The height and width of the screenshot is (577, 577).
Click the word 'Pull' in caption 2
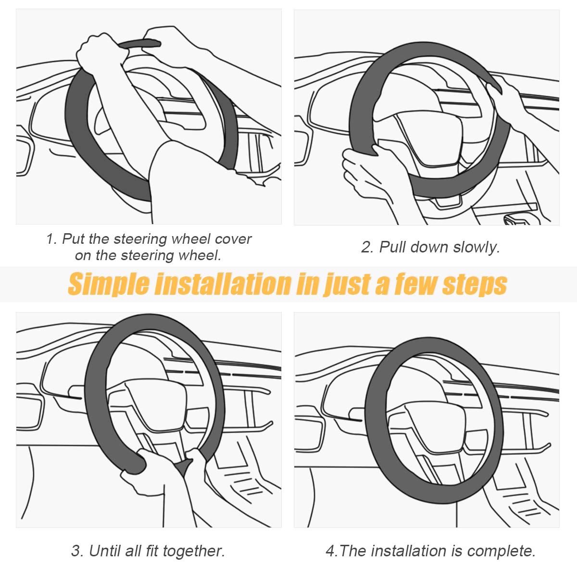pos(393,247)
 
